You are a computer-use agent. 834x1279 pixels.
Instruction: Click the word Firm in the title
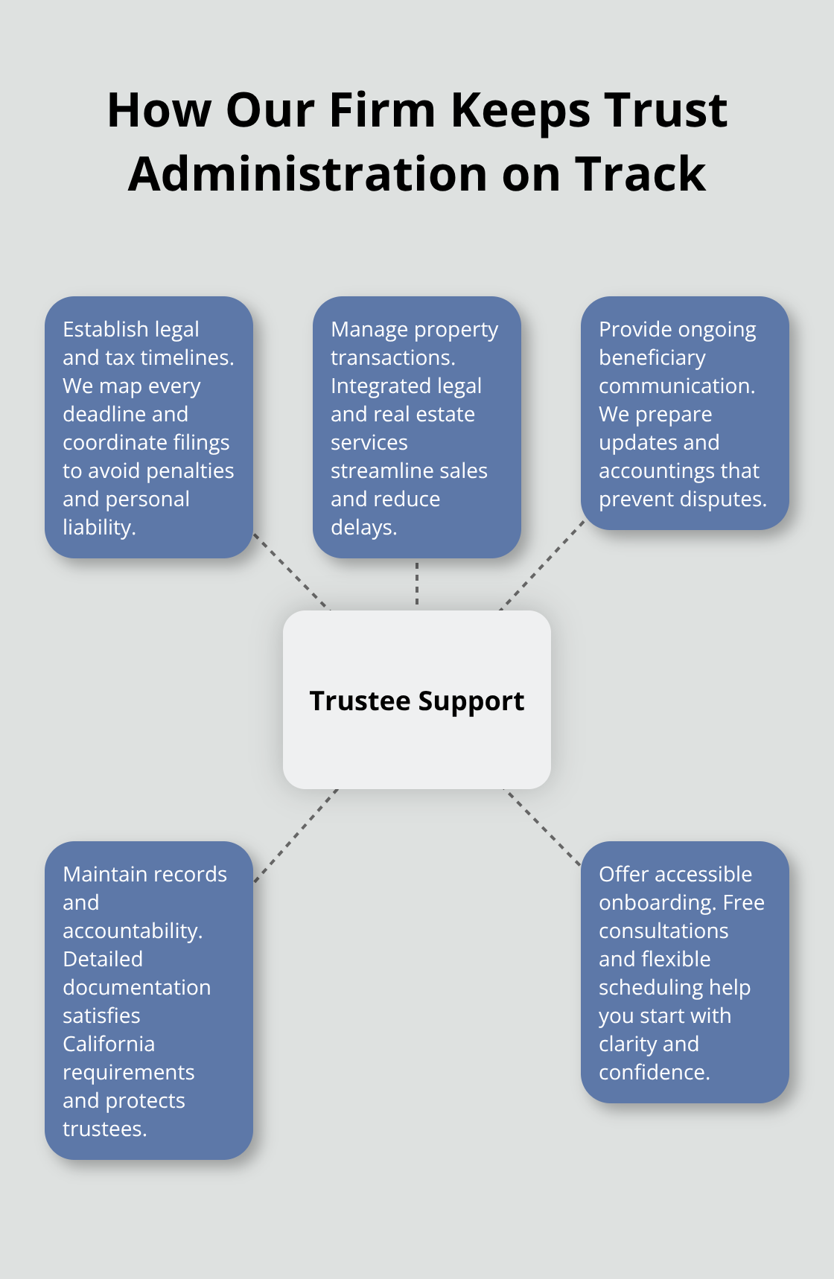click(x=381, y=110)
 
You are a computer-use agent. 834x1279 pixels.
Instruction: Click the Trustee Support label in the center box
click(x=417, y=701)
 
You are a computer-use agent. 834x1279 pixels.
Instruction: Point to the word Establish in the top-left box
click(x=105, y=329)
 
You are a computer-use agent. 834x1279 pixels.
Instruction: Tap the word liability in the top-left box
click(x=97, y=527)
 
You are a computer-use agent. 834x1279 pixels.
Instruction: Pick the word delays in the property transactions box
click(x=362, y=527)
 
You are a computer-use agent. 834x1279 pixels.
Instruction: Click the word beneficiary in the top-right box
click(x=652, y=357)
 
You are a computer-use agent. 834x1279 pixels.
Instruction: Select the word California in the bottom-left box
click(x=109, y=1044)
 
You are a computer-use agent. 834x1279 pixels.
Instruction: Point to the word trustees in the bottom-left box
click(x=103, y=1129)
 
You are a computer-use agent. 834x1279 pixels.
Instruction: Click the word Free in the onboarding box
click(x=743, y=902)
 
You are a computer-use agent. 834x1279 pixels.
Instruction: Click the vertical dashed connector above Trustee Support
click(x=417, y=584)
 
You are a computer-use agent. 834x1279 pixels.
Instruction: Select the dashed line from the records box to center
click(x=296, y=835)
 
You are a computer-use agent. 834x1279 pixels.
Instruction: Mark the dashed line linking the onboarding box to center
click(x=542, y=826)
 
